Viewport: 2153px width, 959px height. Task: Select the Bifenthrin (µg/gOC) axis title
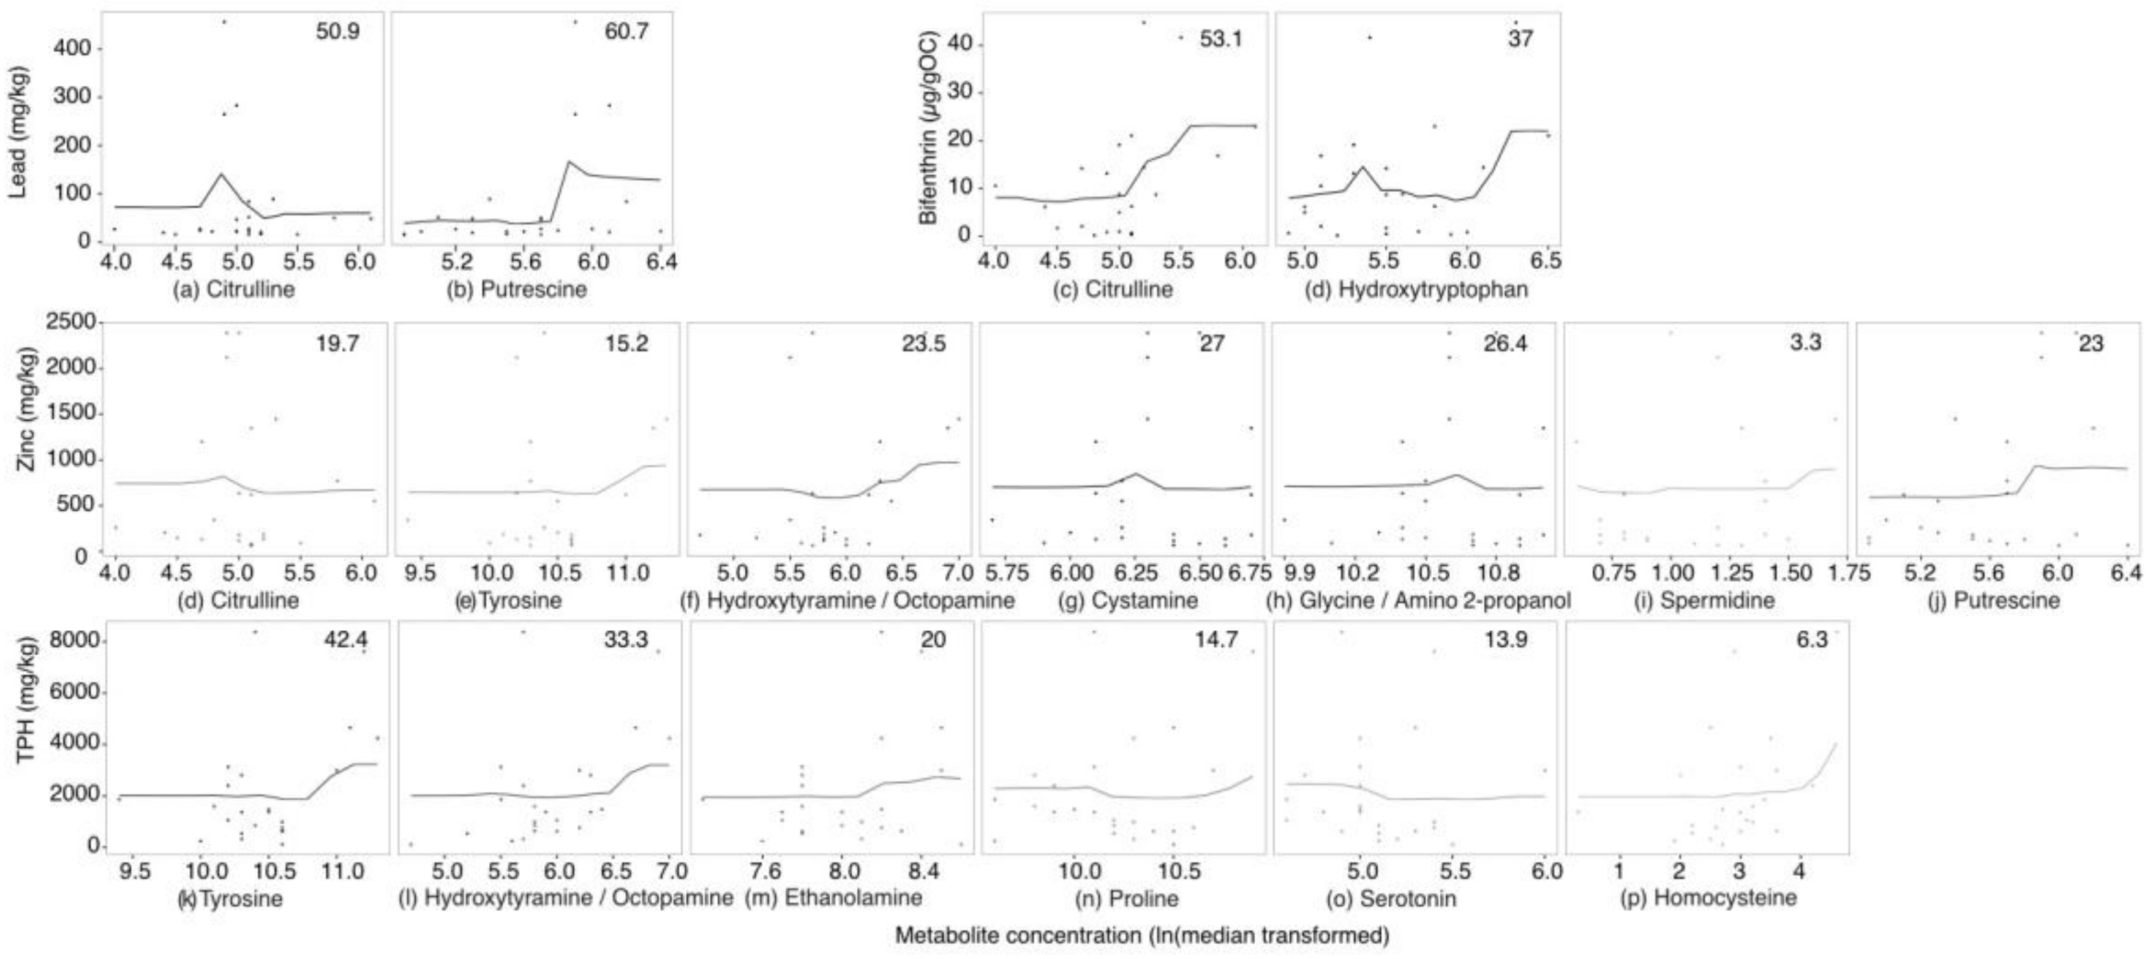point(928,129)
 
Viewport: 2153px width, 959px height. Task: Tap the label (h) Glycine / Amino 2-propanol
point(1418,600)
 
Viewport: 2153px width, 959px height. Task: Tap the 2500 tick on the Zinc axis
point(70,323)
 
